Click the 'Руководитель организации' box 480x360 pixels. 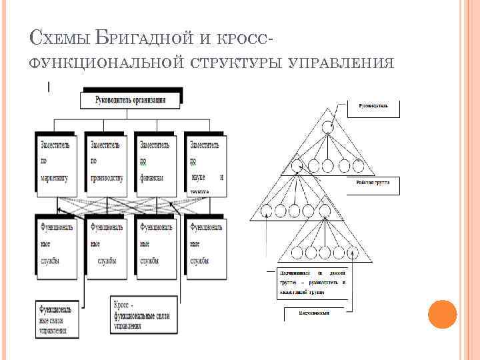[131, 101]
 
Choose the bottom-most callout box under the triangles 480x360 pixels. [313, 311]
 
